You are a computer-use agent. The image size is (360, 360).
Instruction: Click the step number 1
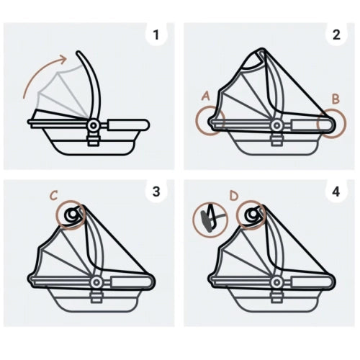[x=156, y=35]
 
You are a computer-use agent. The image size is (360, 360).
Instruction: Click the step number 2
[x=336, y=35]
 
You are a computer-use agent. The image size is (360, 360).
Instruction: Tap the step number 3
[x=156, y=192]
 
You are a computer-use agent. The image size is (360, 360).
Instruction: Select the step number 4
[x=336, y=192]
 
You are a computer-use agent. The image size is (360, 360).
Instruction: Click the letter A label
[x=206, y=96]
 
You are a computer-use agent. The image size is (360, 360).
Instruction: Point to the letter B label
[x=336, y=99]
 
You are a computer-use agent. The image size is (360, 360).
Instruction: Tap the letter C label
[x=54, y=196]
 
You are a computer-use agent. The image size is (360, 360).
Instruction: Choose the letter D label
[x=233, y=196]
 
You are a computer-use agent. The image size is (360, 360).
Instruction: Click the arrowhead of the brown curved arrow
[x=63, y=59]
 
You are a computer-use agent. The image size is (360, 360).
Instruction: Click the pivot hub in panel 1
[x=93, y=125]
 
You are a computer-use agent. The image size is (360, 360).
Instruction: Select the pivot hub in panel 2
[x=276, y=125]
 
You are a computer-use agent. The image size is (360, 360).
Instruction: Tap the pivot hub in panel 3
[x=96, y=282]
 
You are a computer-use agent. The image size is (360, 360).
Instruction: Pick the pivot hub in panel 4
[x=276, y=282]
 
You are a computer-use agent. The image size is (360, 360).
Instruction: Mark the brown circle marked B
[x=346, y=124]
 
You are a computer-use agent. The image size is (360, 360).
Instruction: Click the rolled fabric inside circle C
[x=71, y=215]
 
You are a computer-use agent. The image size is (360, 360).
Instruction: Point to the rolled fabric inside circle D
[x=251, y=215]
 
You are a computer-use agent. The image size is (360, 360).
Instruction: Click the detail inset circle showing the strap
[x=210, y=220]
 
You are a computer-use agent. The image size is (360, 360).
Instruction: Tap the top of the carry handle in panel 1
[x=78, y=53]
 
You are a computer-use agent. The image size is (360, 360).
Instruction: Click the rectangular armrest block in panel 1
[x=128, y=125]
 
